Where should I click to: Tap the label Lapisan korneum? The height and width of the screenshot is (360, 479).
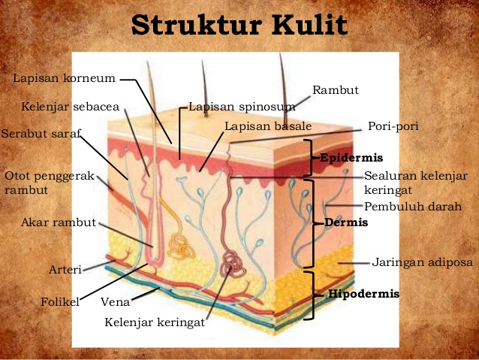65,78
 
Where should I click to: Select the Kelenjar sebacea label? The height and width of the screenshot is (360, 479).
70,107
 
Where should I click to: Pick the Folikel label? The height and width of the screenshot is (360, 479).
60,302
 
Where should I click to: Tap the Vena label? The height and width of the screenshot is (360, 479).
116,302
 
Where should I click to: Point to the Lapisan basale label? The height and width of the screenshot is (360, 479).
267,126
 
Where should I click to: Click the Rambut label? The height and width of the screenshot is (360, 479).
336,90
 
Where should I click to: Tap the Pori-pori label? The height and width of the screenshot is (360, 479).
392,126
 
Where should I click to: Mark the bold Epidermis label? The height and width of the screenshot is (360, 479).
351,158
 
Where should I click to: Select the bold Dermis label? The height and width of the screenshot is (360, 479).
345,223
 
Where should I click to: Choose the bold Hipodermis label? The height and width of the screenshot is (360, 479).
363,294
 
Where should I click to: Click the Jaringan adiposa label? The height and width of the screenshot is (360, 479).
422,262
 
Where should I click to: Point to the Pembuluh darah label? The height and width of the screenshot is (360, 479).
412,206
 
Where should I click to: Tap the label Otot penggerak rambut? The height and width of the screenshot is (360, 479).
49,183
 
